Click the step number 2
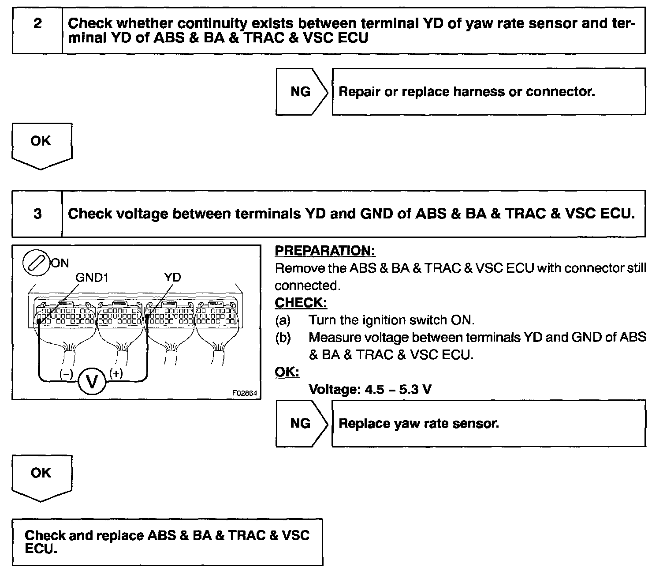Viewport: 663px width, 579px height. pos(37,23)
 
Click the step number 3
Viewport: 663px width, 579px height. pos(37,214)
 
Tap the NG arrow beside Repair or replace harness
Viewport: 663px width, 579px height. pos(301,92)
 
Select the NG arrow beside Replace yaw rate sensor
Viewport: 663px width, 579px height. pos(301,424)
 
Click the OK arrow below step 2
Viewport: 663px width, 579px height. pos(41,143)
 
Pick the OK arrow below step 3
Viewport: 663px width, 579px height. pos(41,475)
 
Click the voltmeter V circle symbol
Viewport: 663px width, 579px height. pos(92,381)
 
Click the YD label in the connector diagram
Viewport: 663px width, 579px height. pos(172,278)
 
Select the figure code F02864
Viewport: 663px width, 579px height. pos(245,393)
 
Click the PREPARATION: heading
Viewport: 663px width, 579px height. pos(325,251)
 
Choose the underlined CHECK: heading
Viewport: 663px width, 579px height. pos(301,303)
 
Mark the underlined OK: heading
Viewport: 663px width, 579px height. pos(287,372)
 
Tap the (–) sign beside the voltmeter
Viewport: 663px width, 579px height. pos(66,374)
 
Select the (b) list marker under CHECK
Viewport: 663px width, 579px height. pos(283,338)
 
